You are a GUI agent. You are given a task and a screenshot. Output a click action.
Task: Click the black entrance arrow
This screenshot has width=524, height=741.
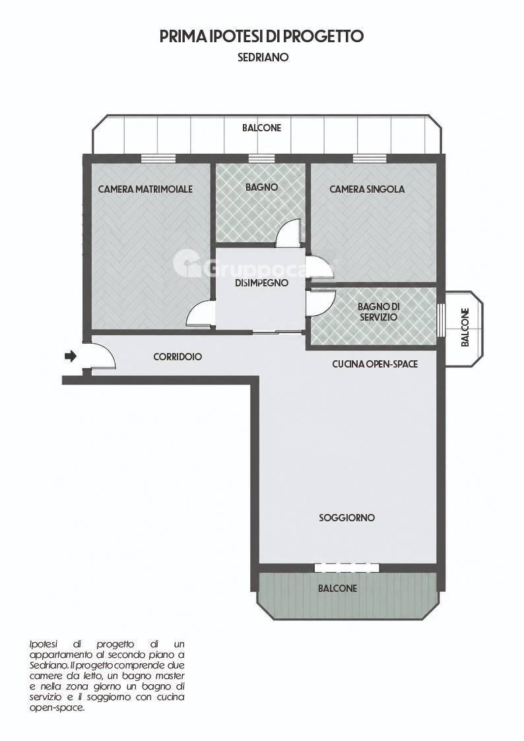(x=71, y=356)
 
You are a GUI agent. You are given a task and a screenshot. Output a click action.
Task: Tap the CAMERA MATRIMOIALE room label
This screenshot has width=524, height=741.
(x=145, y=189)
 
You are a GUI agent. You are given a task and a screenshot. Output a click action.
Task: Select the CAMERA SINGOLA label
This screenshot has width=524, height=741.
(x=367, y=189)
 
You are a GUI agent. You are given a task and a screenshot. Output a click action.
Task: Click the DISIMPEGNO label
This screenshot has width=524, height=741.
(x=262, y=283)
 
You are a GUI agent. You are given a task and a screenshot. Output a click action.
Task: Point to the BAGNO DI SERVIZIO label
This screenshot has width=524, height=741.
(x=377, y=312)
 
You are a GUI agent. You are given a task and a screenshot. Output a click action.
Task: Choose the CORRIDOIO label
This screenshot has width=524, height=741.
(x=178, y=357)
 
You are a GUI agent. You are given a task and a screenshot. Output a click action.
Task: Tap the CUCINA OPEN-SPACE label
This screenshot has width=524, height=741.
(x=375, y=364)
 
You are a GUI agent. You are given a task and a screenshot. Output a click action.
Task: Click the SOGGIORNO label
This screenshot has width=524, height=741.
(x=347, y=518)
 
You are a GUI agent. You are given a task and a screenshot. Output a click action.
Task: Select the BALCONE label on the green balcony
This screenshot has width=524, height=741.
(x=337, y=589)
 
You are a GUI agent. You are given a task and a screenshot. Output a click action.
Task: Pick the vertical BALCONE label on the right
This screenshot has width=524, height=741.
(x=465, y=328)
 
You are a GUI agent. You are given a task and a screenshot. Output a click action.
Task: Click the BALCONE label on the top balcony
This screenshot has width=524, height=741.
(x=262, y=127)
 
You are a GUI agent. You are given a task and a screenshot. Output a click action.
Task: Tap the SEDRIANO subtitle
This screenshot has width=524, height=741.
(x=263, y=57)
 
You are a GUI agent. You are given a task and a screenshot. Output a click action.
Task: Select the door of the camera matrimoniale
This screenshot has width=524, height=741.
(x=201, y=314)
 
